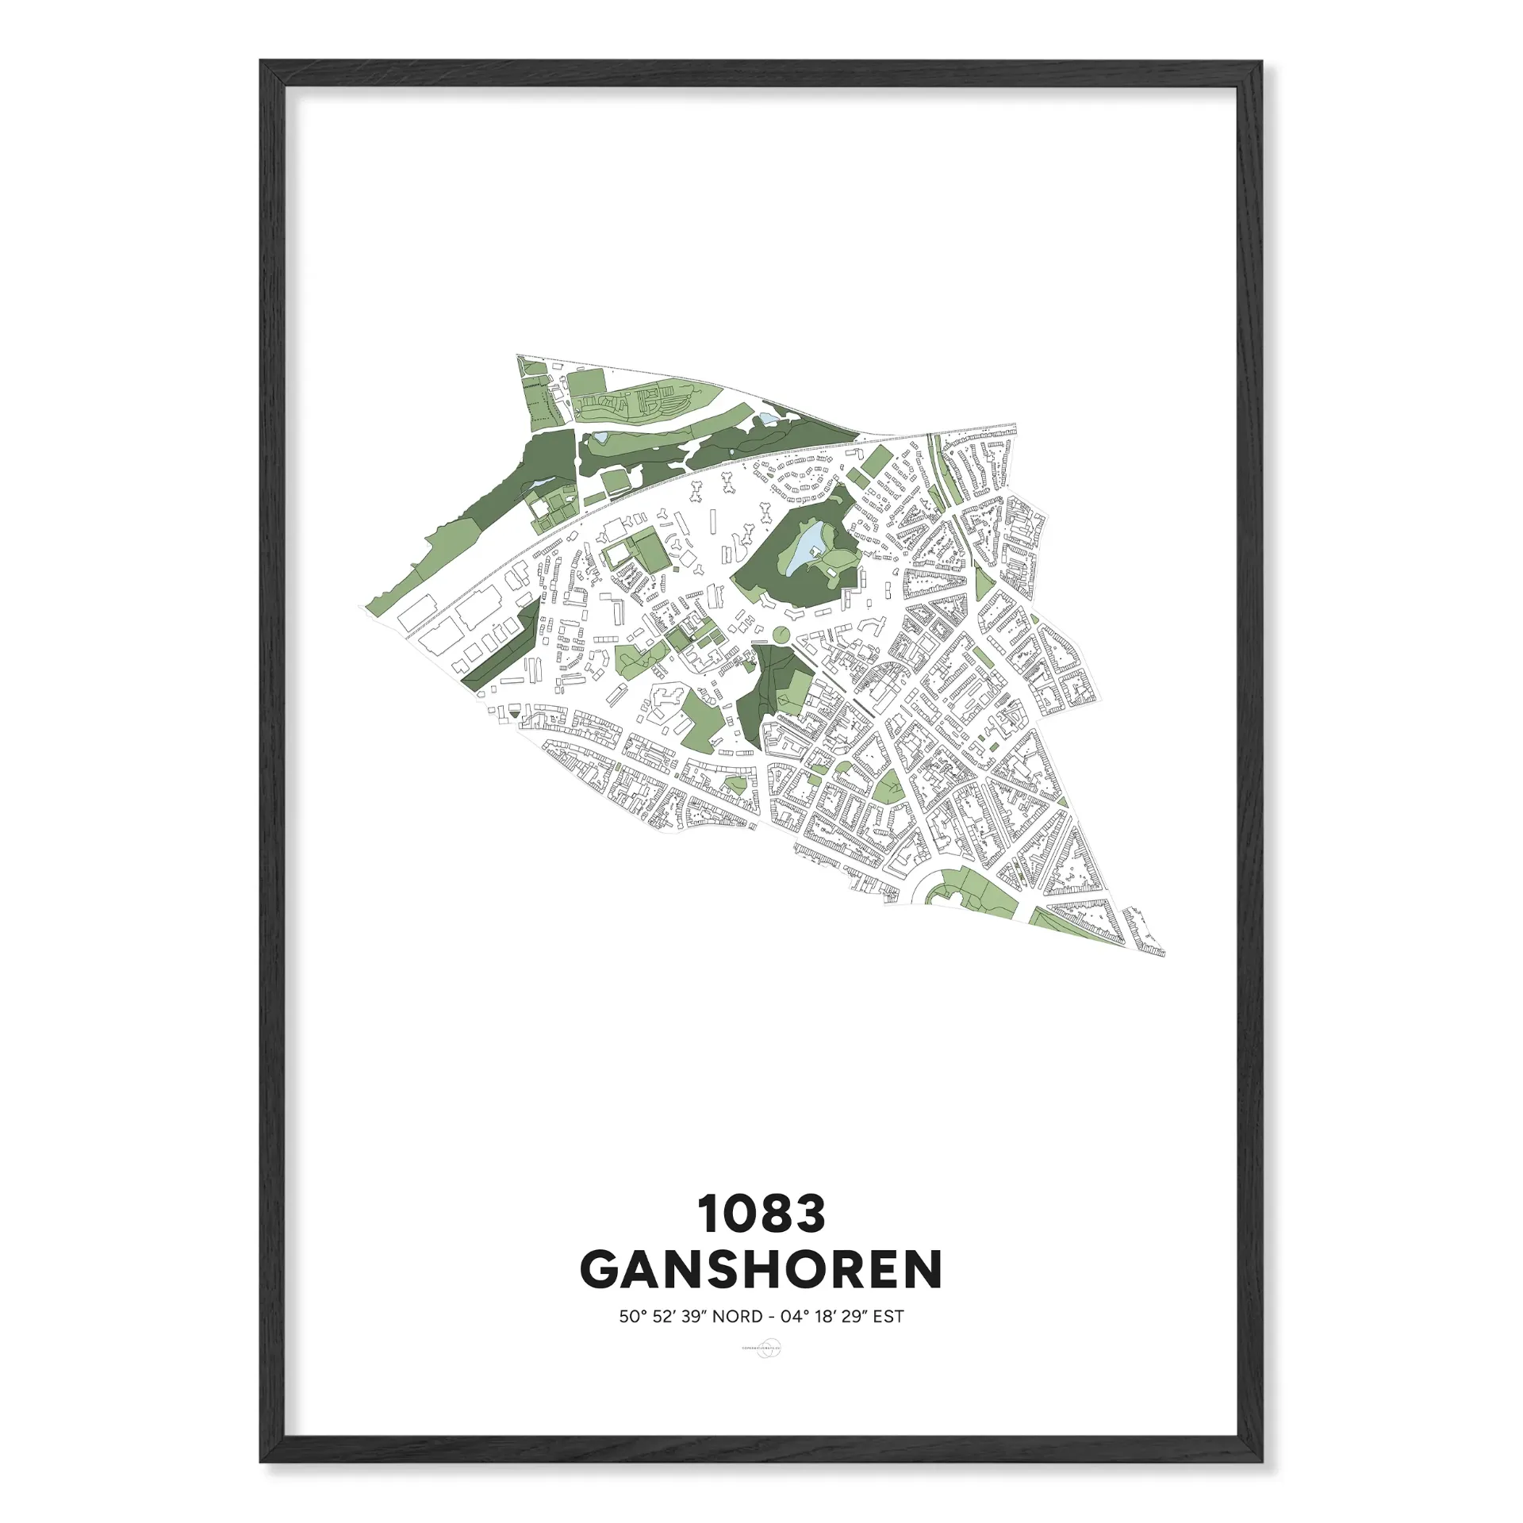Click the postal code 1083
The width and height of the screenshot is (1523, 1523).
click(761, 1215)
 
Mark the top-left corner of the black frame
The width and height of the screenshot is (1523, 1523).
click(261, 62)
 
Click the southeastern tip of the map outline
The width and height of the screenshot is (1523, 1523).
click(1164, 955)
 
